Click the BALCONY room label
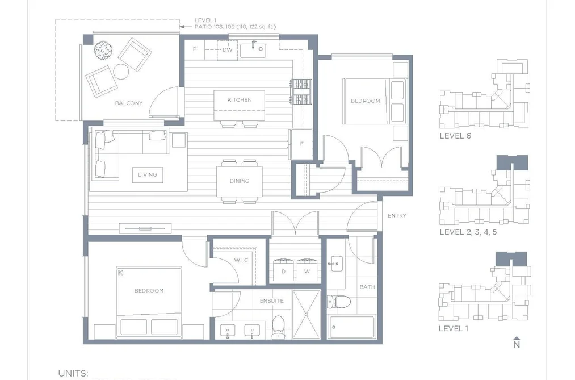129,103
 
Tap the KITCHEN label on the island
240,100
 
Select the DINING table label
240,181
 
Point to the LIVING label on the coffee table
148,174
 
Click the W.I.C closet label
241,260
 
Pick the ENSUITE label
272,301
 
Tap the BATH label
367,287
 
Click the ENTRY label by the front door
397,216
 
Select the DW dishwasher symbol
228,49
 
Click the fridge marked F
301,144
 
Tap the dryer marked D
283,270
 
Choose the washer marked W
307,270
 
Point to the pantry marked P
194,49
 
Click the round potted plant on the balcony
103,51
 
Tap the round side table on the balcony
121,72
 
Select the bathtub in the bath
352,327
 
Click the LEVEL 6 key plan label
455,136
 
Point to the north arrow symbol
517,343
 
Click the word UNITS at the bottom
73,373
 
